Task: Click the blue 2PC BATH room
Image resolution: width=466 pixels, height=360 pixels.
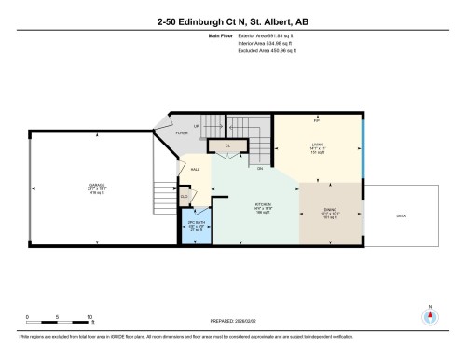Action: [196, 224]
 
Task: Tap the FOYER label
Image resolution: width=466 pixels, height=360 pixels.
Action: [182, 133]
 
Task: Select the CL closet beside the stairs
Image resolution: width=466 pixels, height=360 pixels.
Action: [226, 146]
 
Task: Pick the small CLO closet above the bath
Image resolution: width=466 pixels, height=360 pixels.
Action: [185, 197]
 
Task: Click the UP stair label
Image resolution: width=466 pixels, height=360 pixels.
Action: [196, 125]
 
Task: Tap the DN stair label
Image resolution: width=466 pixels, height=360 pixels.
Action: [260, 169]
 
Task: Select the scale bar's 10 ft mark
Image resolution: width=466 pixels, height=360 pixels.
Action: [88, 317]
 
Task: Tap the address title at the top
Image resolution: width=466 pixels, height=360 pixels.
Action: [232, 20]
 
